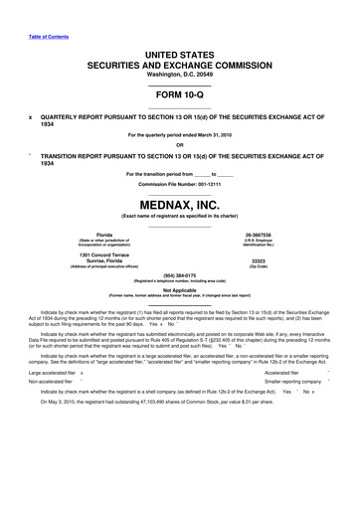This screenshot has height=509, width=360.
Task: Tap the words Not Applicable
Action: point(179,290)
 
